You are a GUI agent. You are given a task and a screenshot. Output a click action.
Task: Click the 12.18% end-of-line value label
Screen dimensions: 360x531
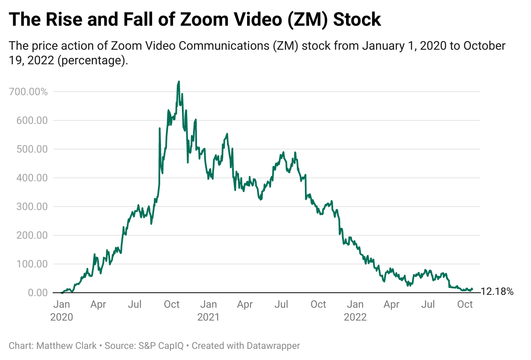(497, 292)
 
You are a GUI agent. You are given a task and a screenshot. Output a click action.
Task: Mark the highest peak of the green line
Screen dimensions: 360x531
(179, 81)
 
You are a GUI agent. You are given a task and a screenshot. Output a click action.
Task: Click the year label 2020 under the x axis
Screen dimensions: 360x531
(62, 318)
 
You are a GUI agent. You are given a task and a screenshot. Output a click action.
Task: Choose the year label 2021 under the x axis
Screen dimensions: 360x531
(208, 318)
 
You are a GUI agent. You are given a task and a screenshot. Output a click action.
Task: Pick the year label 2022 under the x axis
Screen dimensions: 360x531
(355, 318)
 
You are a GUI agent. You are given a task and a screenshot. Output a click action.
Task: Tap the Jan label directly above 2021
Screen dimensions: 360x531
(209, 305)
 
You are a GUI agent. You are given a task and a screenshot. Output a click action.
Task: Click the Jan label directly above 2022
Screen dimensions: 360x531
(355, 305)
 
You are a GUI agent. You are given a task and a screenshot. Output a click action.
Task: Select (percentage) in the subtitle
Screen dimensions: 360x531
(92, 60)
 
